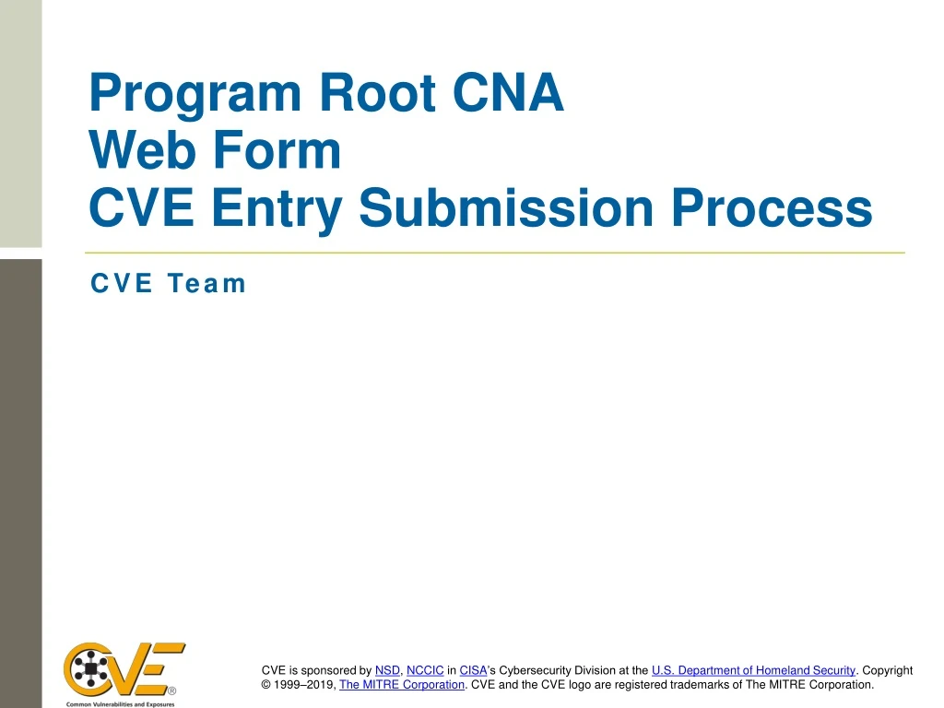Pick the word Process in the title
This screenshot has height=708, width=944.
(x=770, y=208)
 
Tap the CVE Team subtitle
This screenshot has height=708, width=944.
(x=168, y=283)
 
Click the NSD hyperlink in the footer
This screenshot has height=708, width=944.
(x=387, y=670)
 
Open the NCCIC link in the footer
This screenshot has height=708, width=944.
(x=425, y=670)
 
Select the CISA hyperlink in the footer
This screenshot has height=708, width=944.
(x=473, y=670)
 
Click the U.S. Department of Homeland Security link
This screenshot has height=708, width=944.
(x=753, y=670)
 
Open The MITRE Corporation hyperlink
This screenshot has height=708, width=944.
(x=402, y=685)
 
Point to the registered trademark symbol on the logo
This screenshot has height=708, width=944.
(x=172, y=690)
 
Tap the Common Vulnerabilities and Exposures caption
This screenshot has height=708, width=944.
(x=120, y=703)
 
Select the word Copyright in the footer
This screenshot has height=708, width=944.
(x=887, y=670)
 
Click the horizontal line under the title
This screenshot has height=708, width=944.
(x=494, y=252)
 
